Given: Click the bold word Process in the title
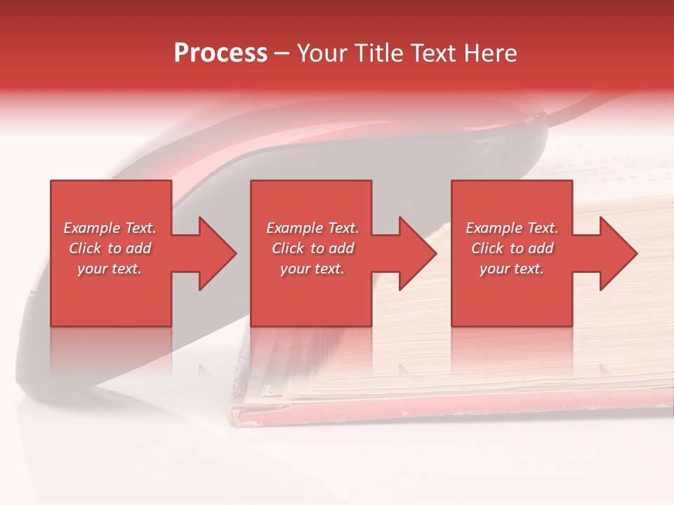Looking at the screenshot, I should [x=220, y=53].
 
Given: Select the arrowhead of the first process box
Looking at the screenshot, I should [x=214, y=253].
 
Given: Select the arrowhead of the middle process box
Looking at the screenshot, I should [x=415, y=253].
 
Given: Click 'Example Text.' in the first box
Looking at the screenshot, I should [x=110, y=228].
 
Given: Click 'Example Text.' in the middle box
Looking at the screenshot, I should [x=312, y=228].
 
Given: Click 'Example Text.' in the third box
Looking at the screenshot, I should [x=513, y=228].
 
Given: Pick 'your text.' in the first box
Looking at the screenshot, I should [x=110, y=269].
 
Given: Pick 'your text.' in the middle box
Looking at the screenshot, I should [x=312, y=269].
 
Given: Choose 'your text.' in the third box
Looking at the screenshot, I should [x=512, y=269].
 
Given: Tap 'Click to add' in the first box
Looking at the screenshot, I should [x=110, y=248].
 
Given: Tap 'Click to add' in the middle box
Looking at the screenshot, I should [x=312, y=248].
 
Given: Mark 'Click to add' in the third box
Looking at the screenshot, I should [x=513, y=248].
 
